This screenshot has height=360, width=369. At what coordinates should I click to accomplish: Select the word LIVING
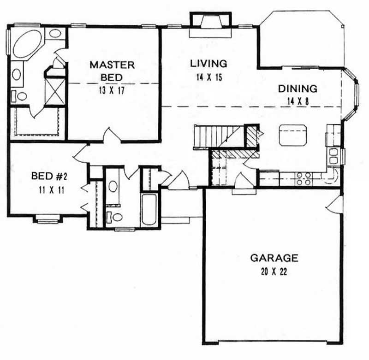click(x=208, y=63)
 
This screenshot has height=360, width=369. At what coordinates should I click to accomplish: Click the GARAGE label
click(x=274, y=258)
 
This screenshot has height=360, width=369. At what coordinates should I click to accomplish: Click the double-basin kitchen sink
click(x=333, y=155)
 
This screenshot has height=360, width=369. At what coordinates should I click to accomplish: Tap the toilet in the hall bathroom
click(x=114, y=217)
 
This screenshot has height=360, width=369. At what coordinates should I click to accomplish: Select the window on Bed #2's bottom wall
click(x=48, y=220)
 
